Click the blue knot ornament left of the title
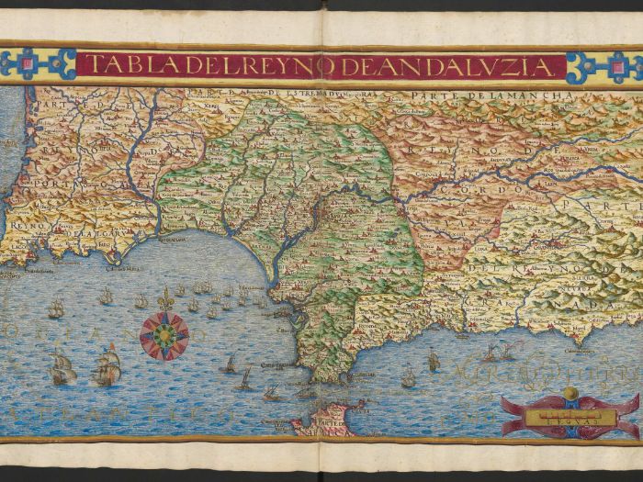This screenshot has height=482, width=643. [38, 64]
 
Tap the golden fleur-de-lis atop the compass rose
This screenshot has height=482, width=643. [165, 299]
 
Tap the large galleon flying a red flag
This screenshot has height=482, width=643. [108, 367]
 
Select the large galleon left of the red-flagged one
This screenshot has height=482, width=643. [62, 369]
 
